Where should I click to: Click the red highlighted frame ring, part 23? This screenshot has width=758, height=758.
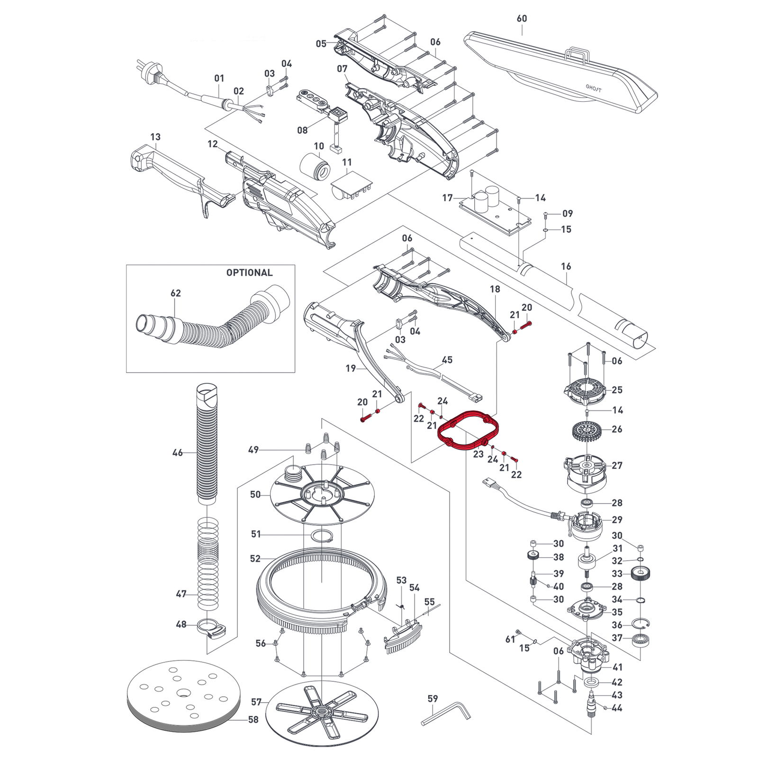(x=445, y=438)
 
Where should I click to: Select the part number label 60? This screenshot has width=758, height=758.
(x=522, y=18)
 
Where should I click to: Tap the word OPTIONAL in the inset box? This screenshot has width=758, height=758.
(x=249, y=273)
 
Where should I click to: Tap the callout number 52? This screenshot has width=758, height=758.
(x=255, y=559)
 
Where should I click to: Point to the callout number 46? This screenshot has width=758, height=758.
(x=177, y=453)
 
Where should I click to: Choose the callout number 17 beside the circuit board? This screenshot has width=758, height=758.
(x=448, y=198)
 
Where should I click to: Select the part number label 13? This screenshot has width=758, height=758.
(x=155, y=137)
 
